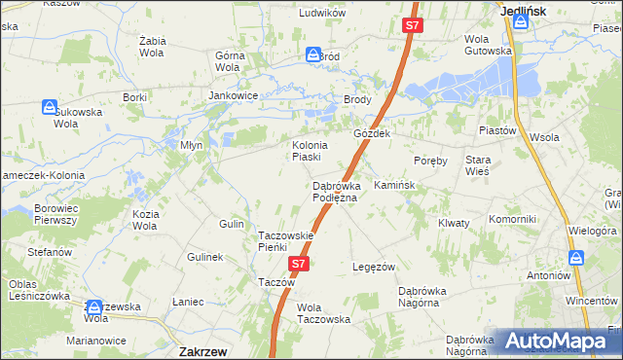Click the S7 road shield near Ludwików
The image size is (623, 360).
[x=412, y=27]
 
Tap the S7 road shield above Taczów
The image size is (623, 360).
[x=299, y=264]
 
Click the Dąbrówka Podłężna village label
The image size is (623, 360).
[x=335, y=192]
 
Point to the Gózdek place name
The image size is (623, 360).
[x=372, y=132]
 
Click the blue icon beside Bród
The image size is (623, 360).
[x=313, y=55]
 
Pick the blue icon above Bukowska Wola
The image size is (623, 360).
[x=51, y=106]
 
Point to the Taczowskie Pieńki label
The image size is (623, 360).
[x=285, y=242]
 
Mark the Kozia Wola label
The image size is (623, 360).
[x=145, y=220]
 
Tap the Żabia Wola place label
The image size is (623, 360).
[x=154, y=47]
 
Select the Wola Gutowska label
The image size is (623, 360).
[x=488, y=45]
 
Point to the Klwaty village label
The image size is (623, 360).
[x=454, y=223]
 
